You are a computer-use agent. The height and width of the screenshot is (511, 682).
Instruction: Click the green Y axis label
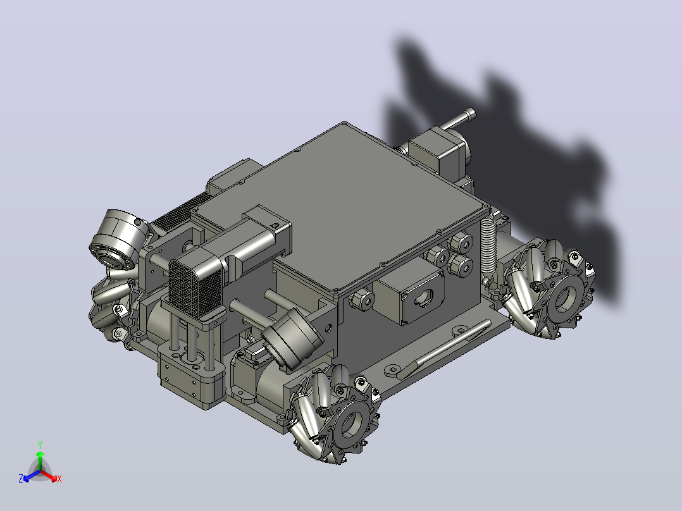coord(40,445)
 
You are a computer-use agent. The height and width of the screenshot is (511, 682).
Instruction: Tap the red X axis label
coord(59,479)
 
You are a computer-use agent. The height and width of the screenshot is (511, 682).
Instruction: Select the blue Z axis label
coord(21,478)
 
